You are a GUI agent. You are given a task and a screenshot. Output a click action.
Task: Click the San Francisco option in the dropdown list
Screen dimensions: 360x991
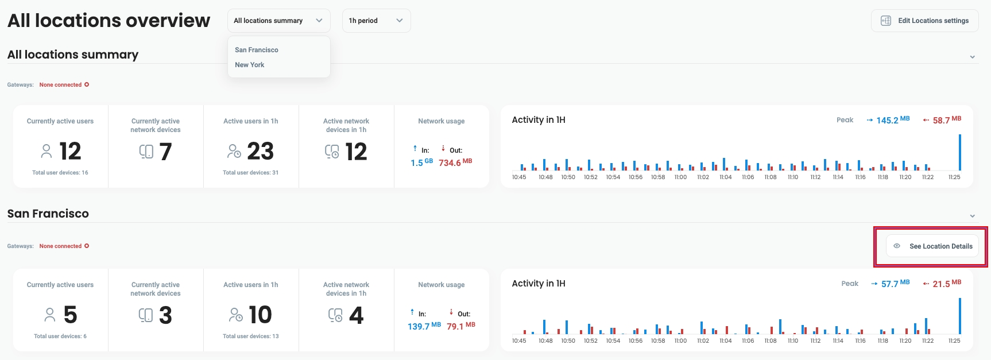[x=257, y=50]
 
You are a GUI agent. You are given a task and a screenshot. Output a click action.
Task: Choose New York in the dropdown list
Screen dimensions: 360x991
[x=250, y=65]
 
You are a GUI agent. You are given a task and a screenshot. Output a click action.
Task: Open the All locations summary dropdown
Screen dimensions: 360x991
[x=278, y=21]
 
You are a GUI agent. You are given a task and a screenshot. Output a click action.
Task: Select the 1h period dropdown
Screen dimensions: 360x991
[x=376, y=21]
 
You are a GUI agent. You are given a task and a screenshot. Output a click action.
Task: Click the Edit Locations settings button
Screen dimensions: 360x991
[x=925, y=21]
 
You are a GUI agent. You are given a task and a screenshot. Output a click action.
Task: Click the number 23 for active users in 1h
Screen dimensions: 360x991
[x=260, y=152]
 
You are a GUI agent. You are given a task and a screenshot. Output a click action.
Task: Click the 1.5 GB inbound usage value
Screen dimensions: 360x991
[x=421, y=162]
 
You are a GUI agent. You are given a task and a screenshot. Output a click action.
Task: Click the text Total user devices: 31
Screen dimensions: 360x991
[x=250, y=173]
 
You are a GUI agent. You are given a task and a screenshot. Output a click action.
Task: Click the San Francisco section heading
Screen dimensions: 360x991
[x=48, y=214]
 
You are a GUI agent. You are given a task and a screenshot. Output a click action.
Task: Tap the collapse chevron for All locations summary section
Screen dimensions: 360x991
[x=973, y=57]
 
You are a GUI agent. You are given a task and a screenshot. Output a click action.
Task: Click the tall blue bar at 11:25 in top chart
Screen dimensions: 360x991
[x=960, y=152]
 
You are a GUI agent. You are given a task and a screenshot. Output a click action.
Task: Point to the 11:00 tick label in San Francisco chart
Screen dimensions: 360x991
[x=680, y=341]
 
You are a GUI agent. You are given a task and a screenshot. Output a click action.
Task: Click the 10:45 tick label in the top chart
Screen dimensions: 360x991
[x=519, y=177]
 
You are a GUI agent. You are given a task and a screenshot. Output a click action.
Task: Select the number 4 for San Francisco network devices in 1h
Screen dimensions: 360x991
[x=356, y=315]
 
